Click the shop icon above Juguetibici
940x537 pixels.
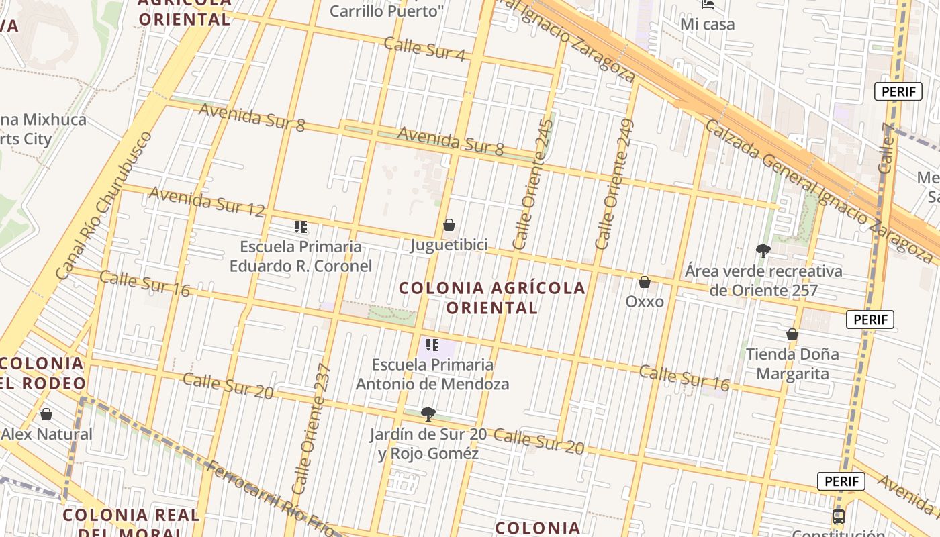coord(449,225)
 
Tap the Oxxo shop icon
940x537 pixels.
coord(645,282)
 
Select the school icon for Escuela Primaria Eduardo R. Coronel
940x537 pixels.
coord(301,227)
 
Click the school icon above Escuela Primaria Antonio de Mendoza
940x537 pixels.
coord(432,345)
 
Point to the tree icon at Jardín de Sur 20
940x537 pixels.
coord(428,413)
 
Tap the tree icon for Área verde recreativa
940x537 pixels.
coord(763,251)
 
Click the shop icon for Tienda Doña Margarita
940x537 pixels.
coord(792,334)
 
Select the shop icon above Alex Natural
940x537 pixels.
coord(46,414)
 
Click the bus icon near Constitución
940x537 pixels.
coord(838,516)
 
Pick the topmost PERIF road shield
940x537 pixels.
coord(898,92)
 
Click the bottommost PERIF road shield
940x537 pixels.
coord(841,481)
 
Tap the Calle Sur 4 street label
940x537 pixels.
coord(424,49)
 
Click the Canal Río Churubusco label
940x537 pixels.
coord(104,205)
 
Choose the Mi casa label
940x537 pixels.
coord(708,24)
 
